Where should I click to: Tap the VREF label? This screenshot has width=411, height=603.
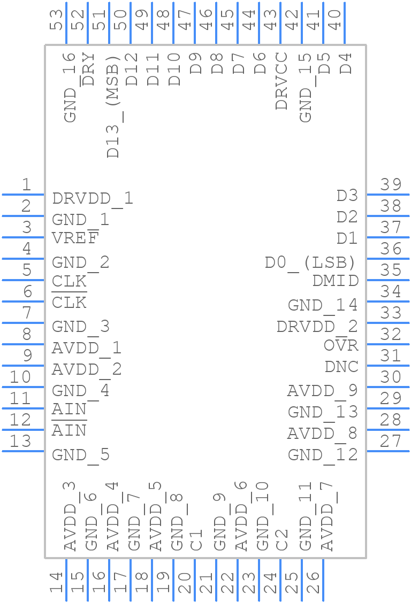click(x=75, y=238)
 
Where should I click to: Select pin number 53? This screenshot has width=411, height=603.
click(x=56, y=20)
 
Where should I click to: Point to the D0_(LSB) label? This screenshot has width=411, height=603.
click(x=310, y=263)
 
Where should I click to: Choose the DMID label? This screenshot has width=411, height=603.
click(x=336, y=281)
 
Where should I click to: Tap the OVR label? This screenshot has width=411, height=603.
click(x=341, y=345)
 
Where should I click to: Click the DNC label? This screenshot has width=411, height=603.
click(x=341, y=367)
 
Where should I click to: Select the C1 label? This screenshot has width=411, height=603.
click(x=196, y=540)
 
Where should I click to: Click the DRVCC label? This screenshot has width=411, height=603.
click(x=281, y=81)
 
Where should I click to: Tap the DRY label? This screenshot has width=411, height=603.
click(x=88, y=69)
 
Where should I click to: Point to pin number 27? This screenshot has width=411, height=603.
click(x=390, y=441)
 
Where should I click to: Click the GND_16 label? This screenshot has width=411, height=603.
click(x=70, y=88)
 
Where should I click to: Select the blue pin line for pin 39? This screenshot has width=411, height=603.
click(x=388, y=195)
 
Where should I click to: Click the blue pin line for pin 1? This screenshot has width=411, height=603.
click(x=23, y=195)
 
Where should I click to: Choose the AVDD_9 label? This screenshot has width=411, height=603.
click(x=323, y=391)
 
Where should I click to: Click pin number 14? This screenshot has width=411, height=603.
click(x=56, y=582)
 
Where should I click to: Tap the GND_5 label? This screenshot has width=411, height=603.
click(x=81, y=455)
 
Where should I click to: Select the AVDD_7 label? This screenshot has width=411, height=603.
click(x=327, y=516)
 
